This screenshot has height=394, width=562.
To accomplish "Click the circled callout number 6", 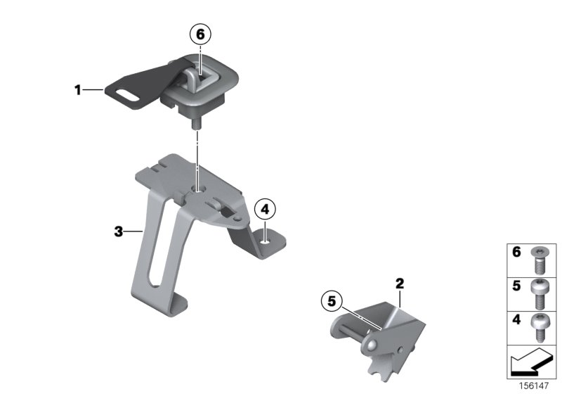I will (x=200, y=34).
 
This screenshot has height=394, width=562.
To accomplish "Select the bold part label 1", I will (x=79, y=89).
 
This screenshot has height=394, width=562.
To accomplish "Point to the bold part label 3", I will (x=119, y=231).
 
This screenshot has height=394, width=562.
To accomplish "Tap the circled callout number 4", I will (x=265, y=209).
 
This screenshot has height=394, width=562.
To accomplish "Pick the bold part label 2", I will (x=400, y=284).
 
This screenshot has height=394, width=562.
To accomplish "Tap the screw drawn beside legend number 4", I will (x=539, y=327).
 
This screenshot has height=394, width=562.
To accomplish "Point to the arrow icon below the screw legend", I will (x=532, y=364).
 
